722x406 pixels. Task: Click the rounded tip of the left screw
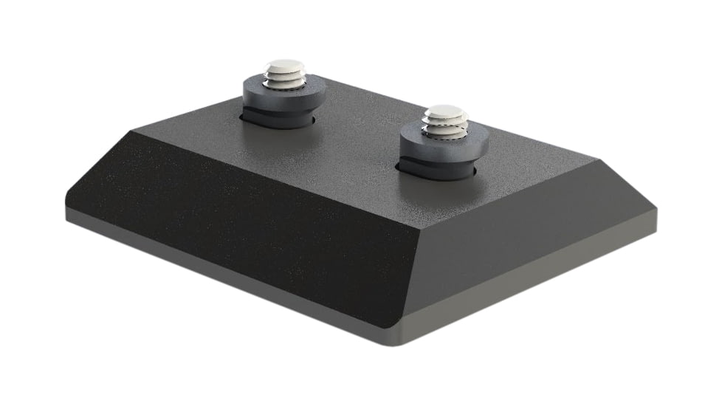286,66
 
